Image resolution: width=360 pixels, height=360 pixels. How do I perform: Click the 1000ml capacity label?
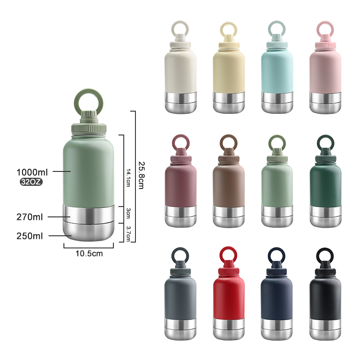click(x=32, y=172)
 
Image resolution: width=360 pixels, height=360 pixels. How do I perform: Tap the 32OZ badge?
click(x=31, y=182)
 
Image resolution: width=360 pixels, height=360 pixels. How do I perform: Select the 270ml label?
click(x=30, y=217)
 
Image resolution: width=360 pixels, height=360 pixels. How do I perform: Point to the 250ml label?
click(x=30, y=236)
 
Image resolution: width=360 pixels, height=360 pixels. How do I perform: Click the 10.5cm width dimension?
click(x=89, y=253)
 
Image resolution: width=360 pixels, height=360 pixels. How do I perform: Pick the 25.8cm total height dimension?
click(x=142, y=175)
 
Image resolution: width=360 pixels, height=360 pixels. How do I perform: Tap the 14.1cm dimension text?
click(x=128, y=178)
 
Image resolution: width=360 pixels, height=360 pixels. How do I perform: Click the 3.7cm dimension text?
click(x=128, y=234)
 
